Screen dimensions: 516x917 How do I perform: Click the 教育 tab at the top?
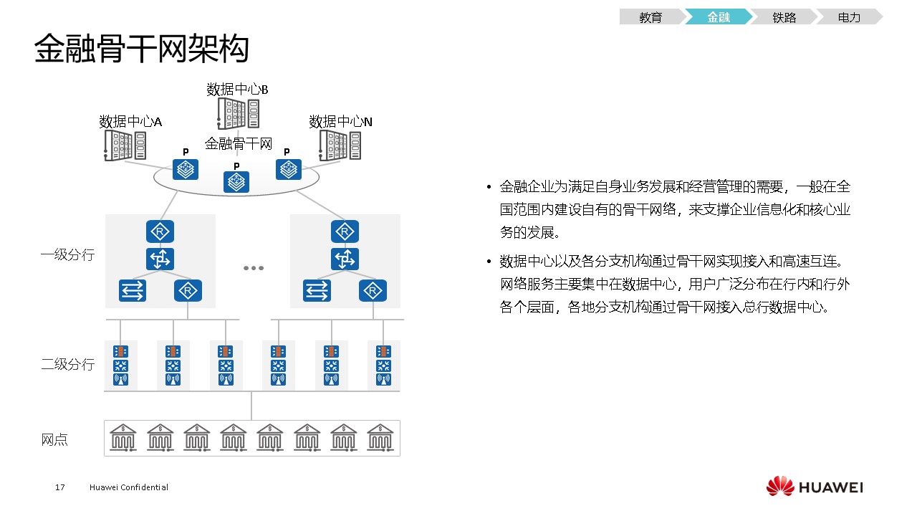pyautogui.click(x=650, y=18)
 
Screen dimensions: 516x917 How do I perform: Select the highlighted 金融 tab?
pyautogui.click(x=718, y=18)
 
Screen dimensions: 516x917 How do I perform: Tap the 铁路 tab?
pyautogui.click(x=784, y=18)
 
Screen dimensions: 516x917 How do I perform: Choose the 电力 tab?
pyautogui.click(x=849, y=18)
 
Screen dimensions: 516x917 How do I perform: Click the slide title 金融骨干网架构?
pyautogui.click(x=142, y=49)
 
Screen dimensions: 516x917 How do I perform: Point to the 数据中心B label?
pyautogui.click(x=237, y=90)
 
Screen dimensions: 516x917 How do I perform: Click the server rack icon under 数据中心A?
pyautogui.click(x=125, y=145)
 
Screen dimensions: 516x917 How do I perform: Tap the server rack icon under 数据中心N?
pyautogui.click(x=340, y=145)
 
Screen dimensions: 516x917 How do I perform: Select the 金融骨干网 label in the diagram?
pyautogui.click(x=239, y=143)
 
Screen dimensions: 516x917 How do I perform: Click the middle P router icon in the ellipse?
pyautogui.click(x=236, y=182)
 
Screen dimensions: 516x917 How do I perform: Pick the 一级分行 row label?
pyautogui.click(x=67, y=254)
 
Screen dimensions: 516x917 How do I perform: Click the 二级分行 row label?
pyautogui.click(x=67, y=364)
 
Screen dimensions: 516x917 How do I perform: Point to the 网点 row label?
pyautogui.click(x=54, y=439)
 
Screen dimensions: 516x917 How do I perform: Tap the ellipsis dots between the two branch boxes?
pyautogui.click(x=253, y=268)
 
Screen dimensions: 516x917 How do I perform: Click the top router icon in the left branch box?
pyautogui.click(x=160, y=231)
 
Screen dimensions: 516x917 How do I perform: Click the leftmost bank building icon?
pyautogui.click(x=123, y=436)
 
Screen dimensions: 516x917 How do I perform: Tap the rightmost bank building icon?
pyautogui.click(x=380, y=436)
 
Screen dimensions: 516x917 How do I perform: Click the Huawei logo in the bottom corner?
pyautogui.click(x=815, y=487)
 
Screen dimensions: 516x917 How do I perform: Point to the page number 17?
pyautogui.click(x=60, y=487)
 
